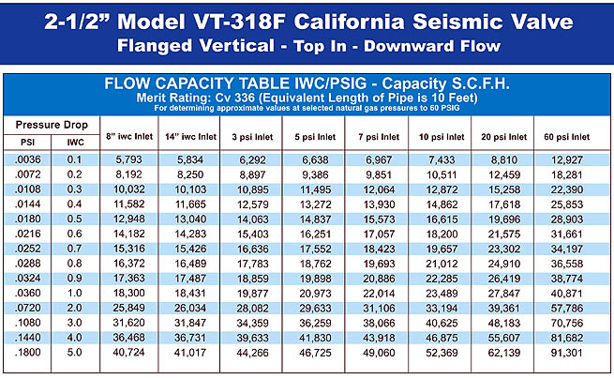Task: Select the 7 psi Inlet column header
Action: point(379,136)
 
